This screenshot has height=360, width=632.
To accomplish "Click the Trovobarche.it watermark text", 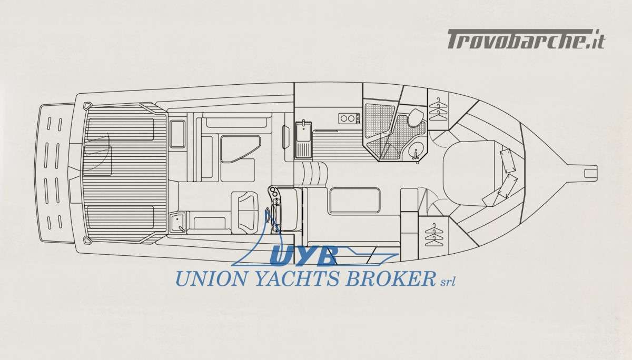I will pos(526,39).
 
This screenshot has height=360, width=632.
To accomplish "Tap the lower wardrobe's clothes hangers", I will pos(434,235).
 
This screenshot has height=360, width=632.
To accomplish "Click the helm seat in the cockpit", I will pos(245,211).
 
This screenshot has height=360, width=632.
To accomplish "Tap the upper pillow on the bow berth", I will pos(508,160).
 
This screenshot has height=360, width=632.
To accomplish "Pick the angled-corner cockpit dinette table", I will pos(240,148).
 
